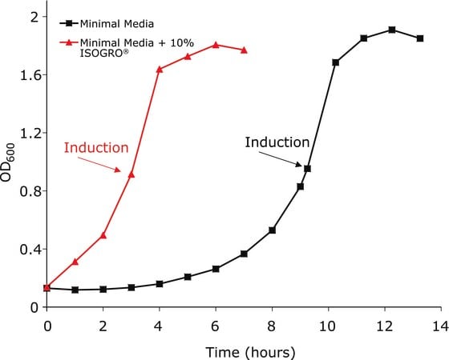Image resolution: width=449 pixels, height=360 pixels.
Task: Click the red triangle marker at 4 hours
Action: [x=160, y=69]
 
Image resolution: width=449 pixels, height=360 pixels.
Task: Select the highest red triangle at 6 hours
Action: [x=216, y=45]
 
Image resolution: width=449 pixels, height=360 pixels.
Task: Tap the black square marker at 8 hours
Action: [x=273, y=230]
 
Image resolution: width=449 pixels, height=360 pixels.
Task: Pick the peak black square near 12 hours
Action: [x=392, y=30]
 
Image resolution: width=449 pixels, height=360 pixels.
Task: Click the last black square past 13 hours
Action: [x=420, y=38]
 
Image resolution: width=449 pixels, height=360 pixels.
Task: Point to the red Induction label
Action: [x=96, y=148]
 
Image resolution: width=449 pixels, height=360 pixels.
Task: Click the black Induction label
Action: [x=277, y=142]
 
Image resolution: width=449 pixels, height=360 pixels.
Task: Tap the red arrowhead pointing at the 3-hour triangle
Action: [x=118, y=170]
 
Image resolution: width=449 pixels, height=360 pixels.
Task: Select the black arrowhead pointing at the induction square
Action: [x=298, y=164]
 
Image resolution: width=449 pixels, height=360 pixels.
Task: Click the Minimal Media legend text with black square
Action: [x=117, y=24]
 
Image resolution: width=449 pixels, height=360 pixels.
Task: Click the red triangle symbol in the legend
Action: [x=68, y=42]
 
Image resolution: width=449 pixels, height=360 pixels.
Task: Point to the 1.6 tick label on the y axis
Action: [x=29, y=75]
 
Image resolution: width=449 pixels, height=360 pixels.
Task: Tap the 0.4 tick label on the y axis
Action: [x=29, y=250]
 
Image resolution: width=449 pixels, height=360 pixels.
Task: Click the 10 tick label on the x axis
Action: [x=328, y=326]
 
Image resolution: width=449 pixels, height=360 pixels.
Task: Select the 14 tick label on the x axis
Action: [x=440, y=326]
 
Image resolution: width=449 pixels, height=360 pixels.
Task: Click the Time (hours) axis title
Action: [x=250, y=352]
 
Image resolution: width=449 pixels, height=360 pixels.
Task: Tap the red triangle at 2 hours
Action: [x=103, y=236]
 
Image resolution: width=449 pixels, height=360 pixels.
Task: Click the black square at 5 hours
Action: [x=188, y=277]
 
